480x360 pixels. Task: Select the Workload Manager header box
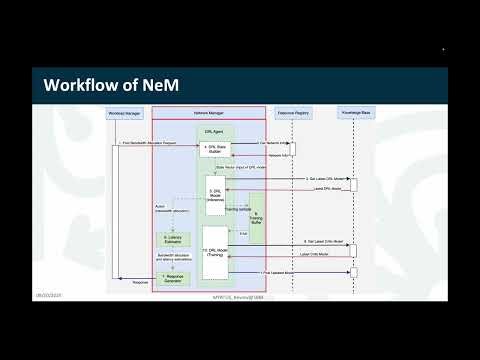click(125, 115)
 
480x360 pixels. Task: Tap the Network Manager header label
click(208, 115)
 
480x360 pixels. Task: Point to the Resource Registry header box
click(291, 115)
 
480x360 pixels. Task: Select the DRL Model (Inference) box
click(213, 195)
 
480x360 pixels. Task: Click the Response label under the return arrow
click(140, 282)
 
